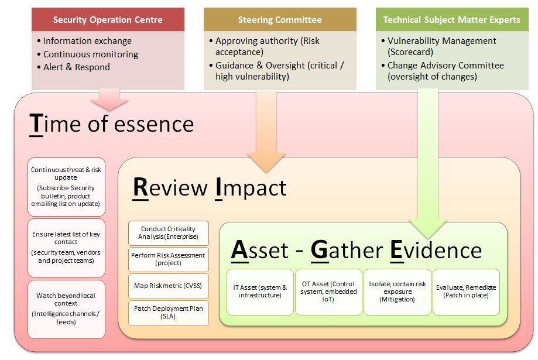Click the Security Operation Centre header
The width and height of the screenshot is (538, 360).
click(x=108, y=19)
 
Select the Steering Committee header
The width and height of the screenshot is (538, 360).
click(x=280, y=19)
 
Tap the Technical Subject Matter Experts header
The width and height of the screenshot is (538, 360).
click(x=452, y=19)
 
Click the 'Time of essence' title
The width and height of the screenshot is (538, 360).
click(x=111, y=124)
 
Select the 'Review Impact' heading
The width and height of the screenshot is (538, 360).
click(x=210, y=188)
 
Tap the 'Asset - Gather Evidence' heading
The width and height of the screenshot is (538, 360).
click(x=357, y=250)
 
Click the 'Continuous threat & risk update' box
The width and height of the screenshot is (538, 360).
click(x=66, y=187)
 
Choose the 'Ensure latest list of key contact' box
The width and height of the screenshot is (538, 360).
click(x=66, y=248)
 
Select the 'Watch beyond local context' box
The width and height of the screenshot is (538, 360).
click(x=66, y=309)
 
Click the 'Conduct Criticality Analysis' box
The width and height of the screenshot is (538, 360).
click(x=169, y=233)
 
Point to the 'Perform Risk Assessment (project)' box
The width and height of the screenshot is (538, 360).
click(x=169, y=259)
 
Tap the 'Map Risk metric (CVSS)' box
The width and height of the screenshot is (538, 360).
click(x=169, y=286)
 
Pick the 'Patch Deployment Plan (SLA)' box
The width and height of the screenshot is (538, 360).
click(x=169, y=313)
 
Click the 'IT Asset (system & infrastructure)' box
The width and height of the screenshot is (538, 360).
click(x=260, y=292)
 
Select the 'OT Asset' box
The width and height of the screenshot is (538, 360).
click(x=328, y=292)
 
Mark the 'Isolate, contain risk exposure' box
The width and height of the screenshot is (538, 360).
click(x=397, y=292)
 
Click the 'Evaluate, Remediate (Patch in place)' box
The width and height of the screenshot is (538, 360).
click(x=466, y=292)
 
